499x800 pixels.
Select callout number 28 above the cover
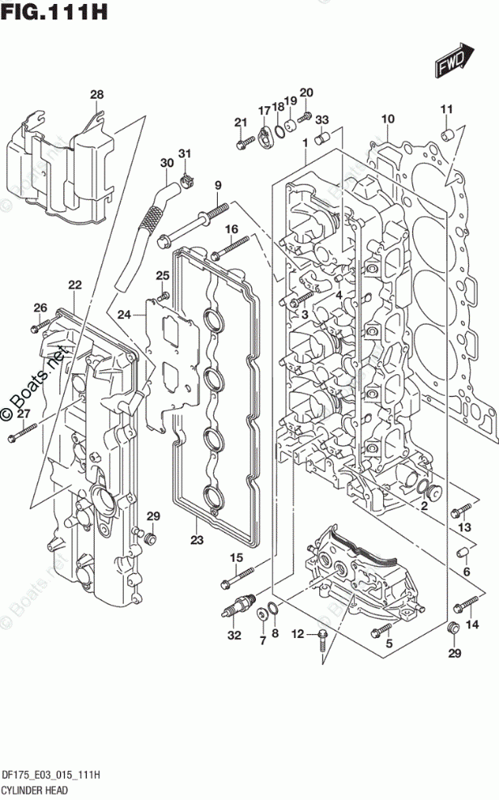coord(97,96)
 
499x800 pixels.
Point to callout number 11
coord(446,110)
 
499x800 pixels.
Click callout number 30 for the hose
coord(166,163)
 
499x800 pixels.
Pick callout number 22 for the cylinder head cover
coord(75,284)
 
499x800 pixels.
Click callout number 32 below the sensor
coord(234,636)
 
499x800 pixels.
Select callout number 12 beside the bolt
coord(297,633)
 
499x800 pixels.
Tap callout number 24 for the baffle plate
coord(124,314)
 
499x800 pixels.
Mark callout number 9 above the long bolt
coord(218,187)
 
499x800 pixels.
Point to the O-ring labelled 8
coord(275,610)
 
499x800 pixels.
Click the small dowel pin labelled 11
coord(446,132)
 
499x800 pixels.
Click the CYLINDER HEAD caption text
coord(35,788)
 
